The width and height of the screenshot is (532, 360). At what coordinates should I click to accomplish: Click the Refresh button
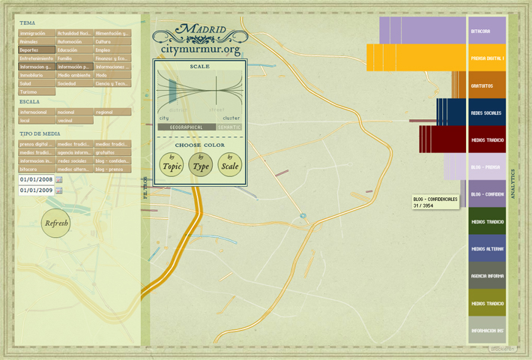point(57,222)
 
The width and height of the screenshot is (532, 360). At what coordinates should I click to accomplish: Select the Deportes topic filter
point(37,49)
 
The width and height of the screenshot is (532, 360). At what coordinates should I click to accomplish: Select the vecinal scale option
point(74,120)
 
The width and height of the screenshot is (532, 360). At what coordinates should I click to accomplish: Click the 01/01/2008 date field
point(36,180)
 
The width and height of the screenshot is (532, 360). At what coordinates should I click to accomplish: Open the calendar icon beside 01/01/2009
point(59,190)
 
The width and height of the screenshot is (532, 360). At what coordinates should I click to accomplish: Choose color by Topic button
point(172,165)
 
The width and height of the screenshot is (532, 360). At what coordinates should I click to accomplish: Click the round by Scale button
point(231,165)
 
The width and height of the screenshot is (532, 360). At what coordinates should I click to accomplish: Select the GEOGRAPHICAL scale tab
point(187,127)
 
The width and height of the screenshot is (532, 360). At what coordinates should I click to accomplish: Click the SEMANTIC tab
point(230,127)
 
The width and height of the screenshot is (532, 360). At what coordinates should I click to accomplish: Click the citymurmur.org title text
point(200,50)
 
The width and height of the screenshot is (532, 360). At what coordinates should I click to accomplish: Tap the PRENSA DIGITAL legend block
point(487,58)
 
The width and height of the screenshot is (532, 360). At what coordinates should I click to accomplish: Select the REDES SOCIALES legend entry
point(487,112)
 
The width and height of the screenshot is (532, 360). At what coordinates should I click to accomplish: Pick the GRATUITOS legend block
point(487,85)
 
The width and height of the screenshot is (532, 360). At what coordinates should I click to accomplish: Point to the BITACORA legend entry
point(487,31)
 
